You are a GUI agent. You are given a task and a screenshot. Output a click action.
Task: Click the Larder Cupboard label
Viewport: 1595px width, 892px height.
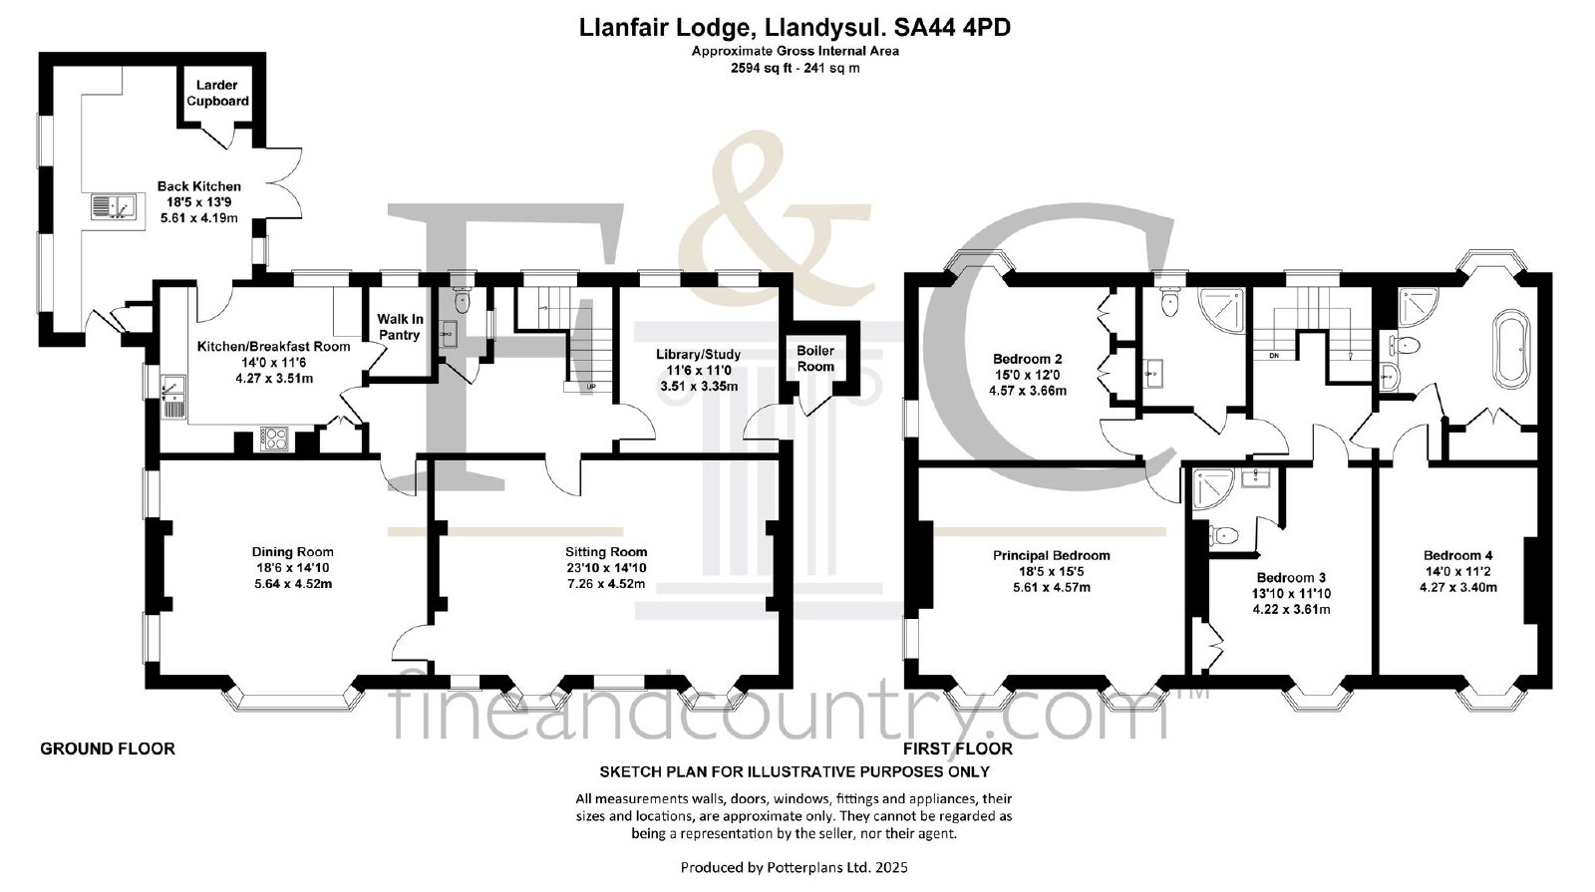[217, 94]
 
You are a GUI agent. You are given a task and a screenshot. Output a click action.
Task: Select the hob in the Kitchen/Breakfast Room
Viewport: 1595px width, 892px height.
[274, 439]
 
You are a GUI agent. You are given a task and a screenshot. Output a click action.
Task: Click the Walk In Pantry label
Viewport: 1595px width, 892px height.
[399, 327]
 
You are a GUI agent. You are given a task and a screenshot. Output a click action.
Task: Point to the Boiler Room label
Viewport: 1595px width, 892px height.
[815, 359]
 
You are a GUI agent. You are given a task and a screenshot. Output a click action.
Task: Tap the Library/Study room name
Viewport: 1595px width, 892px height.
[698, 355]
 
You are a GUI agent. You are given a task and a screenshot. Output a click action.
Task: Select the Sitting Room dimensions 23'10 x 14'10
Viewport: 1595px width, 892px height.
[606, 568]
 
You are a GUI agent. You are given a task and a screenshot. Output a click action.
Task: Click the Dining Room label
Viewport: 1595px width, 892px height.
[293, 552]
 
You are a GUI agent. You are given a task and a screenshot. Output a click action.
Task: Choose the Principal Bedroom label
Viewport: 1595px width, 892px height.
[1052, 555]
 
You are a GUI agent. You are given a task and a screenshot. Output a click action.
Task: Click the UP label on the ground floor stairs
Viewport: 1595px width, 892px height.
[591, 387]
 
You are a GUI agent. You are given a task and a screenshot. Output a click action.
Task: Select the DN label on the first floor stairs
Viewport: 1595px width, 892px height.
[1274, 355]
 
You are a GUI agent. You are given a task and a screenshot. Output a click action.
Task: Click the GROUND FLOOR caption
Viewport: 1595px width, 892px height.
[108, 748]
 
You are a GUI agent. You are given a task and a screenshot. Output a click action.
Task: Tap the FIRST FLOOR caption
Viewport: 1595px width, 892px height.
[958, 748]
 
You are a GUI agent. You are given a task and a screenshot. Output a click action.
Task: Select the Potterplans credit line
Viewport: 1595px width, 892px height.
[794, 868]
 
